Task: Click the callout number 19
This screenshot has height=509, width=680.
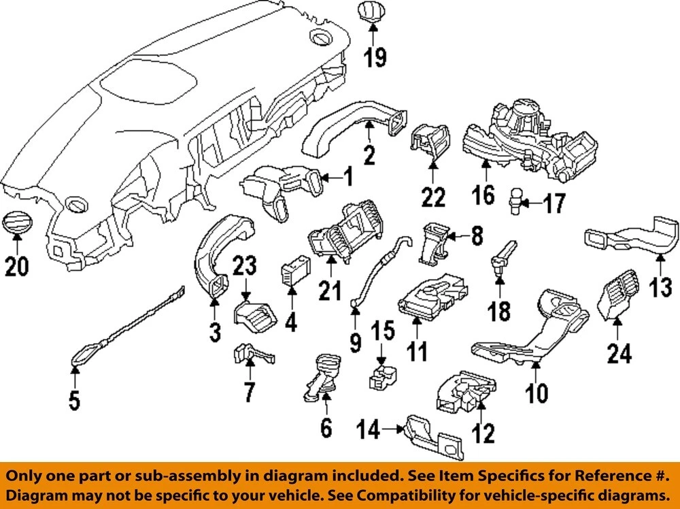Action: coord(373,58)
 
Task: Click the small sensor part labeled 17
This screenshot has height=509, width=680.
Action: coord(516,201)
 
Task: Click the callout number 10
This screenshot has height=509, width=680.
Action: coord(536,393)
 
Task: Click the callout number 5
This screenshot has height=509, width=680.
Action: coord(73,400)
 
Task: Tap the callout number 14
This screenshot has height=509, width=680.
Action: coord(371,429)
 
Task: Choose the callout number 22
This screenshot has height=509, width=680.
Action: coord(433,197)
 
